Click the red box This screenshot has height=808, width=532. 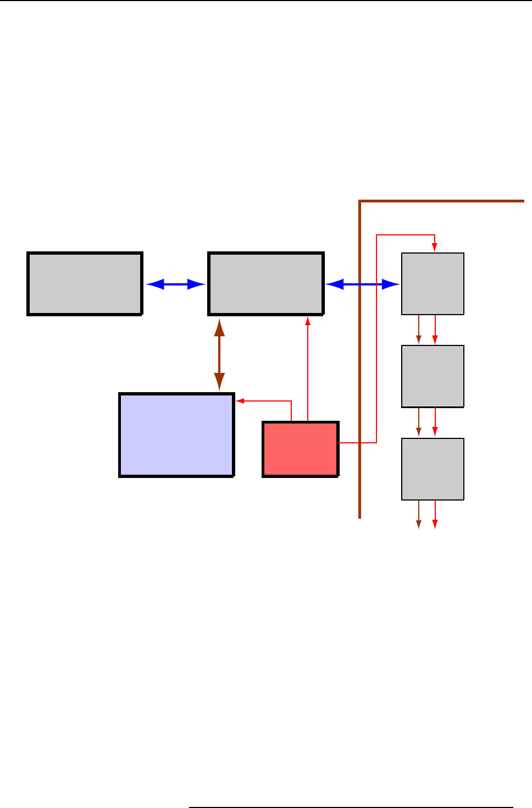[x=300, y=449]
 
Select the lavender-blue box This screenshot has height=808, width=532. [x=176, y=435]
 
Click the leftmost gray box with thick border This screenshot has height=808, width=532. [x=85, y=284]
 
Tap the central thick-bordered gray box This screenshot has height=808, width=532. [x=266, y=284]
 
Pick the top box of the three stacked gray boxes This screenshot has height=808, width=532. [x=433, y=284]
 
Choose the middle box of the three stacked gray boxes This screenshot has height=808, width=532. [x=433, y=376]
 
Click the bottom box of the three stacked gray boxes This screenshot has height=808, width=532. [x=433, y=469]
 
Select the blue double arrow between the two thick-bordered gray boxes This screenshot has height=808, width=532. [x=175, y=284]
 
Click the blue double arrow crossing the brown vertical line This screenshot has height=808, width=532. [x=363, y=284]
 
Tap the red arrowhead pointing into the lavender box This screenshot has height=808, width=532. [x=240, y=401]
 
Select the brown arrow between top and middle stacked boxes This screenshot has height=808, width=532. [x=419, y=330]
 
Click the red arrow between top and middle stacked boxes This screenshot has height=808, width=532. [x=435, y=330]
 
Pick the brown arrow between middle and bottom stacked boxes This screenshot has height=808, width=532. [x=419, y=422]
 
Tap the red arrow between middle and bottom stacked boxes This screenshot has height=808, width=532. [x=435, y=422]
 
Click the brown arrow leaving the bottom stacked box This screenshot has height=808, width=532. [x=419, y=515]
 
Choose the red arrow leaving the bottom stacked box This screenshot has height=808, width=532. [x=435, y=515]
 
